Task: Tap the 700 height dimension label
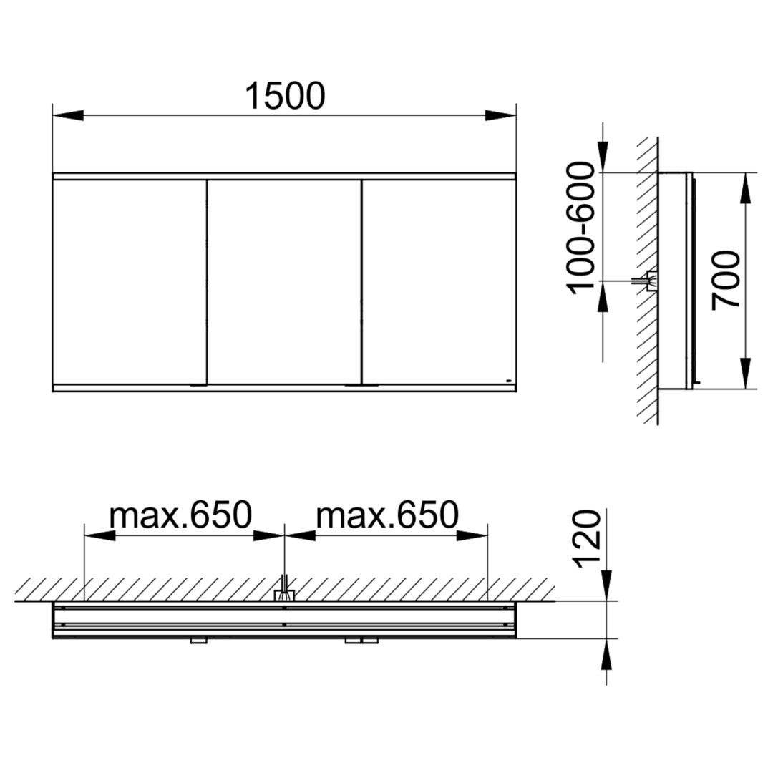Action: pos(726,280)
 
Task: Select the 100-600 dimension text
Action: pos(582,228)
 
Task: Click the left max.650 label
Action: pos(180,515)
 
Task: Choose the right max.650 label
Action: pos(387,515)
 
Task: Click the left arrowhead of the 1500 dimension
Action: pos(67,115)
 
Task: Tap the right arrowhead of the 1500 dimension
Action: pos(500,115)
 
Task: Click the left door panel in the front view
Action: pos(129,281)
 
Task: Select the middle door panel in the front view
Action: pos(284,281)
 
